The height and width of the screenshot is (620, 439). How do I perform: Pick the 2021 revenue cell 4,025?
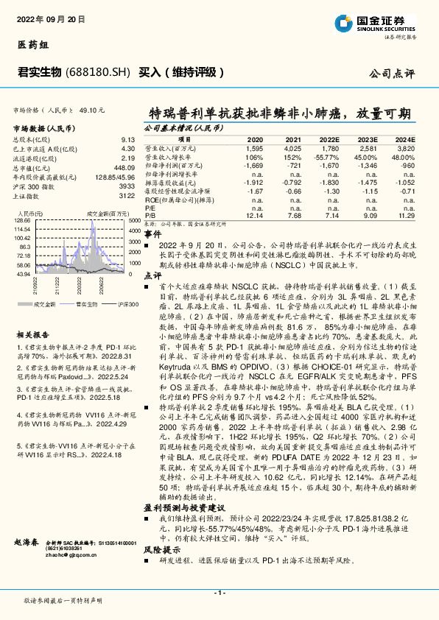[x=292, y=147]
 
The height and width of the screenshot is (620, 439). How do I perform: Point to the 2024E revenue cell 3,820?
[x=407, y=147]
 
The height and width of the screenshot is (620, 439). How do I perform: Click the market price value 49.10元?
[x=93, y=110]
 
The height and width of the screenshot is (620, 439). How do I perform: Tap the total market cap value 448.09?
[x=124, y=168]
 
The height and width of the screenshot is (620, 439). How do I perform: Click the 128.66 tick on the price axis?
[x=23, y=219]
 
